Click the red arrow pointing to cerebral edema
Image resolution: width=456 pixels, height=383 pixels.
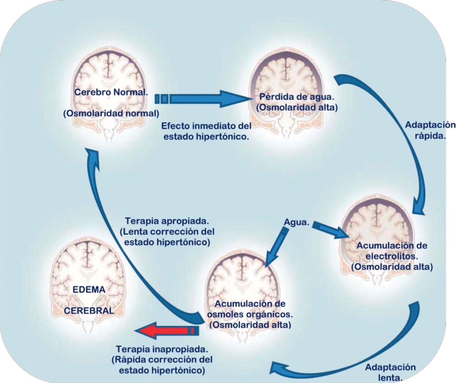point(165,331)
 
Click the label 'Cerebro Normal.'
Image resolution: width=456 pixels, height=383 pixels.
point(111,92)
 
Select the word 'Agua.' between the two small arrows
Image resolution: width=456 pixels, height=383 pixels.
point(296,223)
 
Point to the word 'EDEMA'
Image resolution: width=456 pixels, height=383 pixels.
point(89,289)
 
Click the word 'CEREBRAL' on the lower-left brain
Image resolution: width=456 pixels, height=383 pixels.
point(89,310)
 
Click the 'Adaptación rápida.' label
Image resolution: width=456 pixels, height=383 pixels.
point(430,130)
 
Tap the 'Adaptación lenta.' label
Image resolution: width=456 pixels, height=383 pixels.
point(390,372)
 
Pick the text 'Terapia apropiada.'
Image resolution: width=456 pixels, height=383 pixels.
point(167,221)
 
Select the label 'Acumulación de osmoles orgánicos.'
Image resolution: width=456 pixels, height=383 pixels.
point(250,309)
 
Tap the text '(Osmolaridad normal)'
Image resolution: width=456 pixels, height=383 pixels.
point(111,113)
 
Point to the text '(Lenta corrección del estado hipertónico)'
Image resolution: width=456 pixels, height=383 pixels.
point(167,237)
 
